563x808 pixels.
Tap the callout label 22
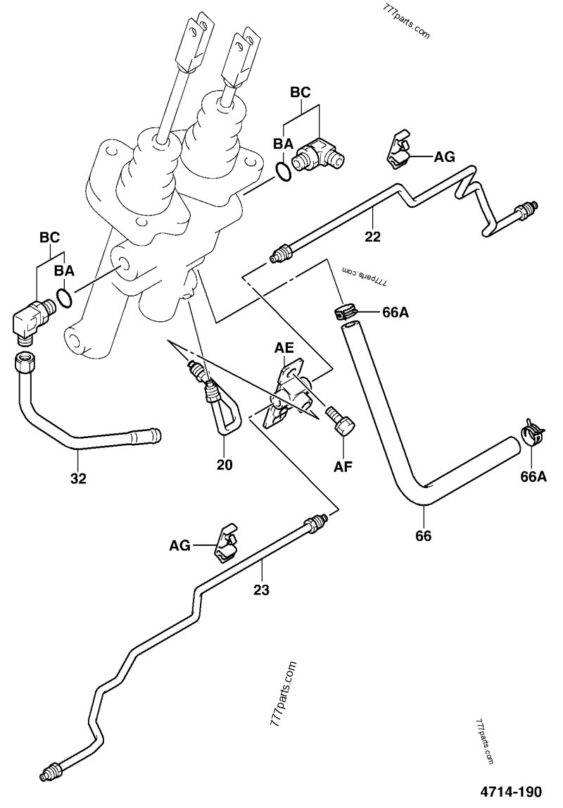pos(373,237)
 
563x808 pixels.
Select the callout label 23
pos(262,590)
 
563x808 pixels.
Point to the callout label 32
pos(78,479)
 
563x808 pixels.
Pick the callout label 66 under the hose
pos(423,535)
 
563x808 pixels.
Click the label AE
pos(284,348)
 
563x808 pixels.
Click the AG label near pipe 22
pos(444,157)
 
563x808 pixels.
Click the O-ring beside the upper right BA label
pos(283,172)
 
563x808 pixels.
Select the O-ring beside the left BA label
pos(64,298)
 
